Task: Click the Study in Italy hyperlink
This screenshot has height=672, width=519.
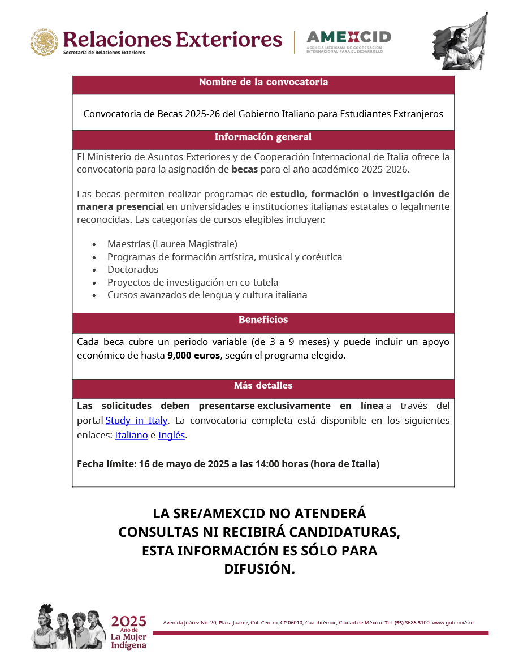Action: tap(136, 420)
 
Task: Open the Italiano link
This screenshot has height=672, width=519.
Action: tap(131, 435)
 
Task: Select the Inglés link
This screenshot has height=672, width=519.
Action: tap(171, 435)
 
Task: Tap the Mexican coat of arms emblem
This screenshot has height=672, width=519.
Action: tap(44, 42)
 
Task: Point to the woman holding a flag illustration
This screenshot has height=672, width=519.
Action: tap(460, 41)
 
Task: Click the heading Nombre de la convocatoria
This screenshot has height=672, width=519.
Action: tap(263, 82)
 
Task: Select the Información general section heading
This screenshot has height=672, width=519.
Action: tap(263, 137)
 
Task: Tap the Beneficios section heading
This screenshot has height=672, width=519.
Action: tap(263, 320)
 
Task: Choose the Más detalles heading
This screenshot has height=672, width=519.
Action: tap(263, 385)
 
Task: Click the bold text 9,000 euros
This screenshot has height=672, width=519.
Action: tap(193, 355)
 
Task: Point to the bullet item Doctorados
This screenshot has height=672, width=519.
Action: tap(133, 269)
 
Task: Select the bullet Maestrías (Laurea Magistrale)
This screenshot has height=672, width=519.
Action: tap(172, 244)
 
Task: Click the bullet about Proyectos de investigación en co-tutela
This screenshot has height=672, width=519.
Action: tap(192, 282)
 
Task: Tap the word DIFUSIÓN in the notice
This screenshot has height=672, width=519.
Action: tap(259, 568)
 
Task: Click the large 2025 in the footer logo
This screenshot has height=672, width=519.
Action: tap(129, 622)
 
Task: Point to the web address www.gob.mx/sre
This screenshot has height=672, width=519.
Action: tap(453, 623)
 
